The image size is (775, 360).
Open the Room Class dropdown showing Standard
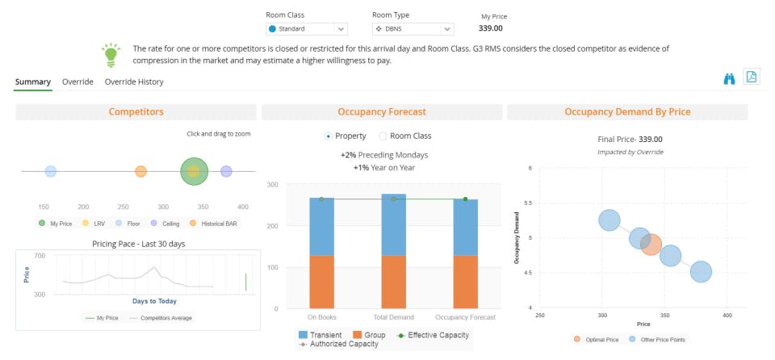(307, 29)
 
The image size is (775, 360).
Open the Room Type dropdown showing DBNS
(413, 29)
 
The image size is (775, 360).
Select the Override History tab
(134, 82)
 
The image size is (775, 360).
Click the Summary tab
(33, 82)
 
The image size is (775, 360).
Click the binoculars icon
(730, 78)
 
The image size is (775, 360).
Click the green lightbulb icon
(111, 55)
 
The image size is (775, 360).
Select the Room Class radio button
(383, 136)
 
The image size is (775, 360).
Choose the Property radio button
(328, 136)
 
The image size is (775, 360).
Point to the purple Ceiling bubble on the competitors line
(226, 171)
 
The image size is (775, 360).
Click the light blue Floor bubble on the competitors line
(51, 171)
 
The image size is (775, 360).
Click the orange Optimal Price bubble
(651, 245)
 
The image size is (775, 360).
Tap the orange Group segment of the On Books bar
(321, 282)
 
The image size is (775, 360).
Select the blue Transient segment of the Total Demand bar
(393, 225)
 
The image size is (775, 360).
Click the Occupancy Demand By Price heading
(626, 112)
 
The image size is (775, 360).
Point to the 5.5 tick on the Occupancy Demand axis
(529, 203)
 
